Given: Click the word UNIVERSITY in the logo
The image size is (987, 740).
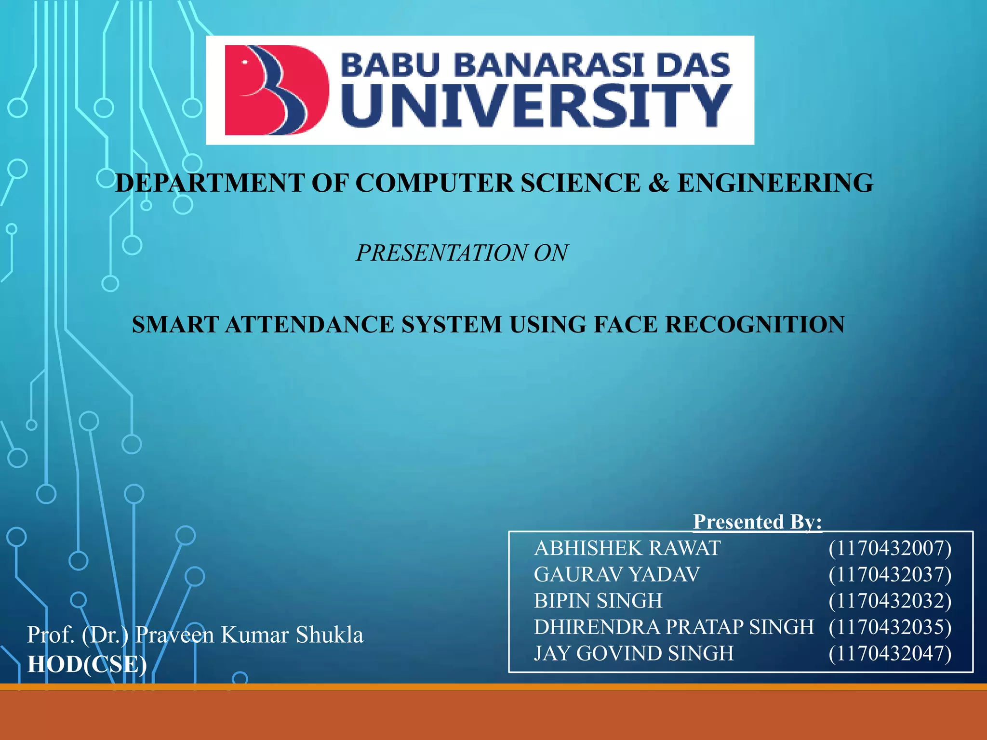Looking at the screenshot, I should (536, 106).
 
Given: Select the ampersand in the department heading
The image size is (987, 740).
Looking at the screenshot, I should (659, 183).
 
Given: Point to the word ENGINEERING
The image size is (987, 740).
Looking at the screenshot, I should (775, 183).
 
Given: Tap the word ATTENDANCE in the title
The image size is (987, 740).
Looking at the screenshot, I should (310, 324).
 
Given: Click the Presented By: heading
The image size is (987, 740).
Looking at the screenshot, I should (757, 522).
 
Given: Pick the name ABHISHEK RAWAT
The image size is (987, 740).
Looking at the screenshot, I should (627, 548).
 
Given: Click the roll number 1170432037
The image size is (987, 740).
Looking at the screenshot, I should (890, 574).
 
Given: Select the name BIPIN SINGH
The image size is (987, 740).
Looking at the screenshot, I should (598, 601).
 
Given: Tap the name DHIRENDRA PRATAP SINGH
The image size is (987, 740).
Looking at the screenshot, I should (674, 627).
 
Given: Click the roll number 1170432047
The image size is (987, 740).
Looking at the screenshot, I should (890, 653).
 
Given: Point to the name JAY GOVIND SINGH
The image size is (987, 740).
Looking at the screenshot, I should (634, 653).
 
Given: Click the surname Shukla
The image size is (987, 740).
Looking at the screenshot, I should (330, 635).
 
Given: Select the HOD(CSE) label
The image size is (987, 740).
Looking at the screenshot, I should (87, 664).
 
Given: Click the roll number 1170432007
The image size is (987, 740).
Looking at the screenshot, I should (890, 548).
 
